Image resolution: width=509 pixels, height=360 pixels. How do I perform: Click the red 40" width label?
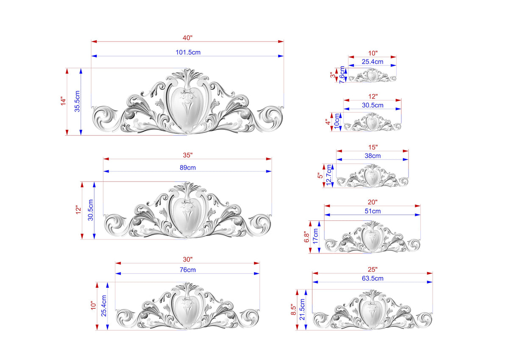pyautogui.click(x=187, y=38)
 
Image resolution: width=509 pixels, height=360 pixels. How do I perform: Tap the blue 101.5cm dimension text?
pyautogui.click(x=188, y=52)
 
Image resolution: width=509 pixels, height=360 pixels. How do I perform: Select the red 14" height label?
pyautogui.click(x=63, y=101)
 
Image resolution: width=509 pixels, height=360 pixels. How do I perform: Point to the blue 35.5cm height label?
pyautogui.click(x=77, y=101)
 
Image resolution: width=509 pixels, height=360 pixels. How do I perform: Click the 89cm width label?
pyautogui.click(x=187, y=168)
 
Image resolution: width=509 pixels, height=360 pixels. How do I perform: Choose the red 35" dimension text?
pyautogui.click(x=187, y=155)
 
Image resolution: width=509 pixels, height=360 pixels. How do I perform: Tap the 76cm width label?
pyautogui.click(x=187, y=270)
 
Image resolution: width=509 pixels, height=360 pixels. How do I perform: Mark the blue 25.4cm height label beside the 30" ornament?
pyautogui.click(x=104, y=306)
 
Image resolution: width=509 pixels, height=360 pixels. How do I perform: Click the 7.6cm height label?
pyautogui.click(x=342, y=75)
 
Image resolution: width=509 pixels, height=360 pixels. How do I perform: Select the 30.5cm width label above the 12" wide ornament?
pyautogui.click(x=373, y=105)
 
